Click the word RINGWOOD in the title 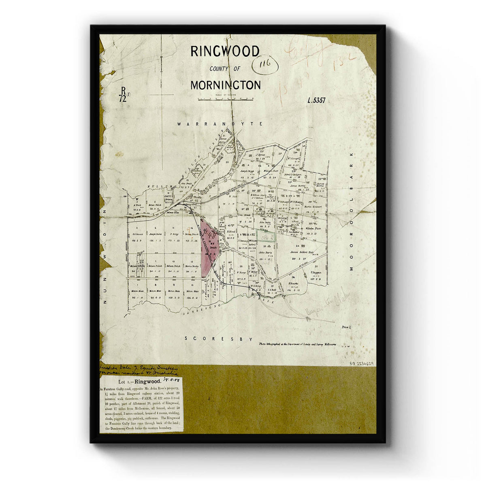tap(225, 51)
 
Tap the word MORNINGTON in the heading tap(226, 85)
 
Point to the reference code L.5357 tap(317, 100)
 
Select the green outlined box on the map tap(266, 236)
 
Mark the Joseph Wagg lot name tap(247, 171)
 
